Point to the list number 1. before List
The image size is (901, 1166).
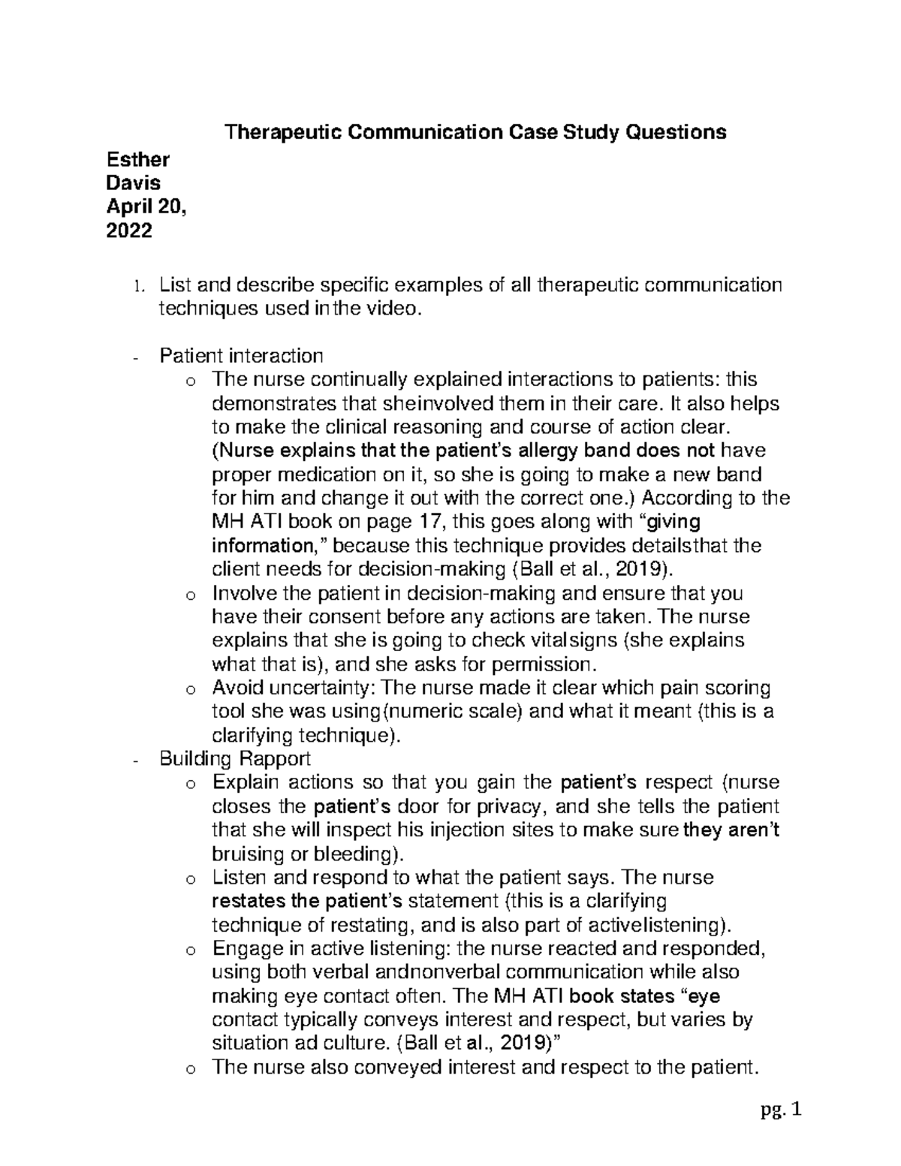(136, 286)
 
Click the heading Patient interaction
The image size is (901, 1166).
(241, 355)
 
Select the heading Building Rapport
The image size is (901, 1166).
(235, 758)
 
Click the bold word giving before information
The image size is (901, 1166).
(673, 522)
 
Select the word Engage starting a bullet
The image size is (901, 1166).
(245, 948)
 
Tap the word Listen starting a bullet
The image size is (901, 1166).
(239, 877)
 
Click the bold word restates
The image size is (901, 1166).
(244, 900)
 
